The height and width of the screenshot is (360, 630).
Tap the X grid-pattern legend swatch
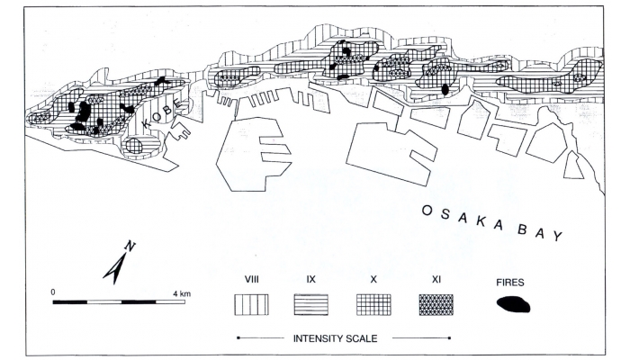pos(373,304)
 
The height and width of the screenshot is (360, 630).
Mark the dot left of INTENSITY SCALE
pos(238,338)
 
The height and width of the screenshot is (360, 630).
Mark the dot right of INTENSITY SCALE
pos(447,338)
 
